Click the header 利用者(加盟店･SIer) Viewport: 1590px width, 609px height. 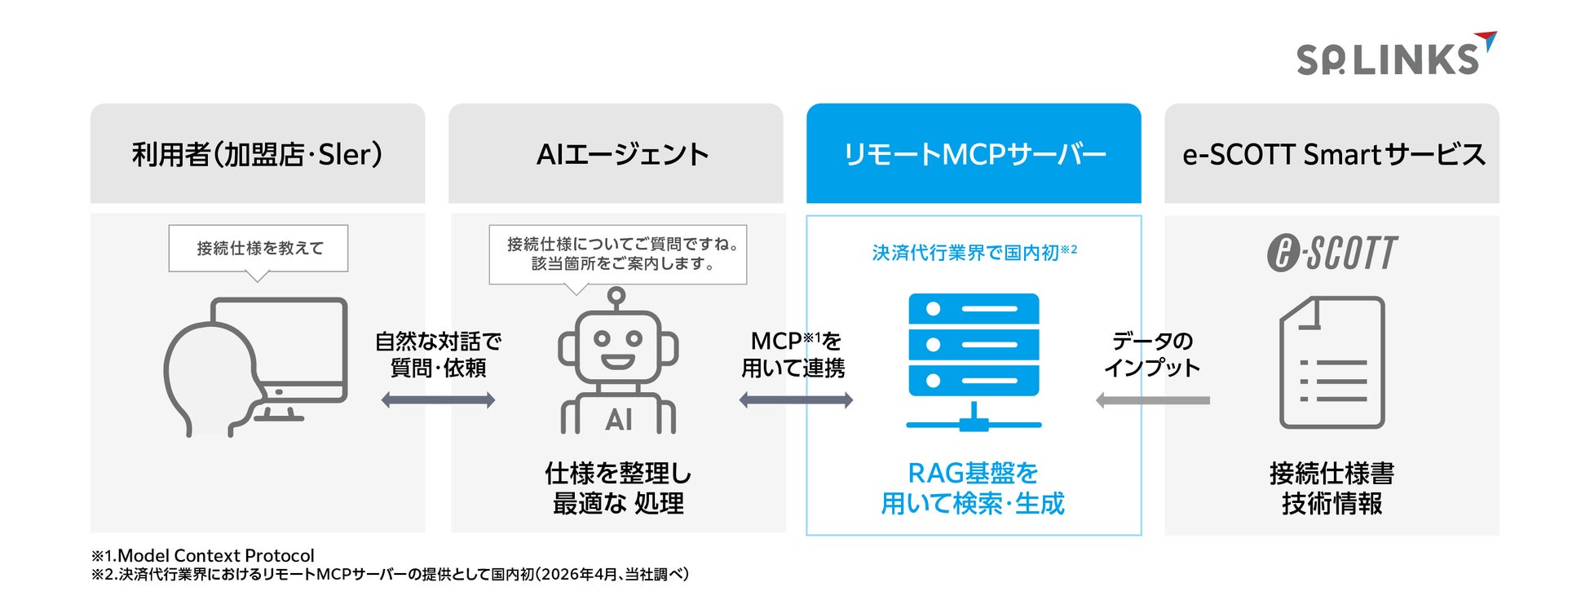click(257, 154)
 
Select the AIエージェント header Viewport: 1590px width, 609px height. click(622, 154)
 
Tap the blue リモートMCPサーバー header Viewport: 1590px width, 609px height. click(974, 154)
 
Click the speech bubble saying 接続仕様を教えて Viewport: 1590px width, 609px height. click(258, 248)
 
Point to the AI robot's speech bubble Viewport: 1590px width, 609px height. click(618, 254)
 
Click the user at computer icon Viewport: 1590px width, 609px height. click(256, 366)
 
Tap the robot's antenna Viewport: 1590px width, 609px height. click(617, 297)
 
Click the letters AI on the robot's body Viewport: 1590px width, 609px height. click(618, 420)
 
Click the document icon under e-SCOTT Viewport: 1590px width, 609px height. click(1332, 362)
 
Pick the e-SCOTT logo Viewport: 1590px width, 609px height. click(1332, 253)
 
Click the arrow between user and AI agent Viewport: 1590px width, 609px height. click(438, 400)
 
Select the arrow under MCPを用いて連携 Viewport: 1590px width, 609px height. click(796, 400)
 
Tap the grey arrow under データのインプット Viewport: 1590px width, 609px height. click(1153, 400)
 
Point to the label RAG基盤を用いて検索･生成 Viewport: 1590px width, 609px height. click(973, 488)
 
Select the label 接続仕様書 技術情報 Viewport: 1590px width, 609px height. click(1332, 488)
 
